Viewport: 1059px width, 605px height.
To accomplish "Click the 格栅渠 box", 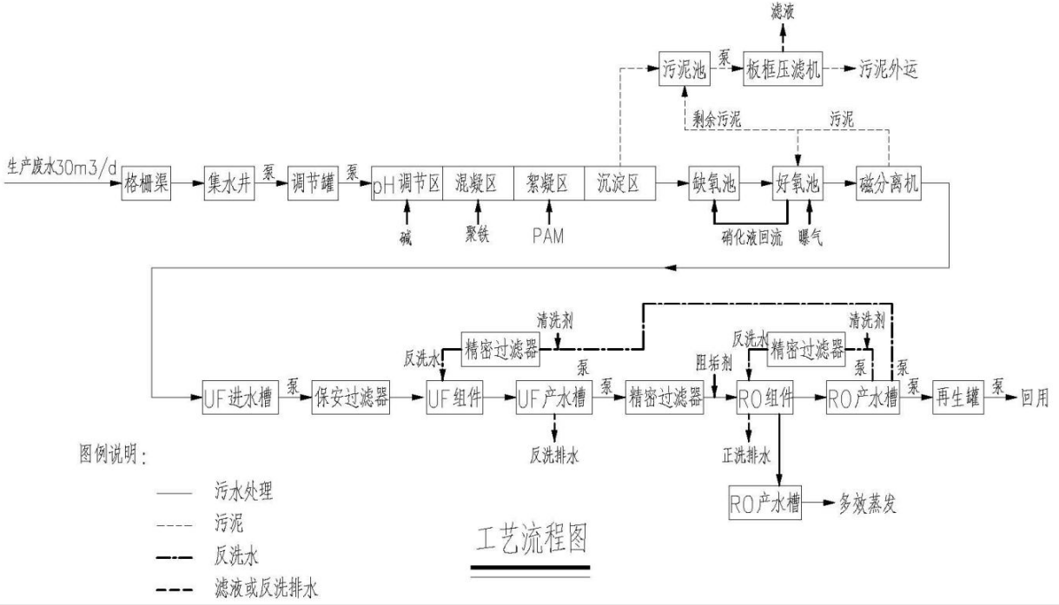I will click(146, 184).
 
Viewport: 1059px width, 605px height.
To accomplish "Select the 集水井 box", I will click(230, 184).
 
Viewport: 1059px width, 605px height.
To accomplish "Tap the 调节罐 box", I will click(314, 184).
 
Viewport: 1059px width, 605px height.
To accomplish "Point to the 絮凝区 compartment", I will click(548, 184).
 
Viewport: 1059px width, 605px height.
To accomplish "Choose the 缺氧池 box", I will click(713, 184).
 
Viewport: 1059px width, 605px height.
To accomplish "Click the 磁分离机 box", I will click(887, 184).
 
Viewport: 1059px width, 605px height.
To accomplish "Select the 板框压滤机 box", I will click(783, 70).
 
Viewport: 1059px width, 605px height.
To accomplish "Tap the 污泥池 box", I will click(684, 70).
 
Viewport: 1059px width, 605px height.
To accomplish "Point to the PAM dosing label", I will click(548, 234).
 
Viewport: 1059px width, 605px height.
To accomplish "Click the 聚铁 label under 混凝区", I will click(477, 234).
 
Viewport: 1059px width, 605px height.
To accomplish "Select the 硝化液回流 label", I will click(751, 234).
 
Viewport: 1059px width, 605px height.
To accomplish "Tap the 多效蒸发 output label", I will click(868, 502).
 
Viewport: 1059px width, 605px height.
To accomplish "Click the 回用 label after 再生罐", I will click(1036, 399).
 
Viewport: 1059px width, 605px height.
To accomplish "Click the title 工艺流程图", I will click(531, 540).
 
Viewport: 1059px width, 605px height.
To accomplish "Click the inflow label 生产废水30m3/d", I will click(62, 164).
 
